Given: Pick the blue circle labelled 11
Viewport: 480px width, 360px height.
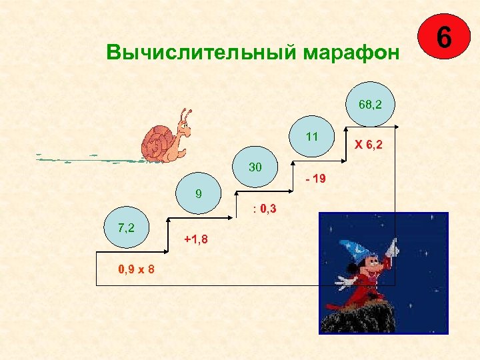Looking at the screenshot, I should click(x=312, y=137).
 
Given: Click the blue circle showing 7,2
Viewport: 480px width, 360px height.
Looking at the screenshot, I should click(x=126, y=229).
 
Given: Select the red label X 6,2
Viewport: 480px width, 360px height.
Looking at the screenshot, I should click(x=368, y=145).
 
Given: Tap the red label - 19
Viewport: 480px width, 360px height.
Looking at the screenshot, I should click(x=314, y=179).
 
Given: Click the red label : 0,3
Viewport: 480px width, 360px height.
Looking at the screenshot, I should click(x=265, y=209).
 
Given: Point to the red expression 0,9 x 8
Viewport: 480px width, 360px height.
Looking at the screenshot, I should click(x=137, y=270).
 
